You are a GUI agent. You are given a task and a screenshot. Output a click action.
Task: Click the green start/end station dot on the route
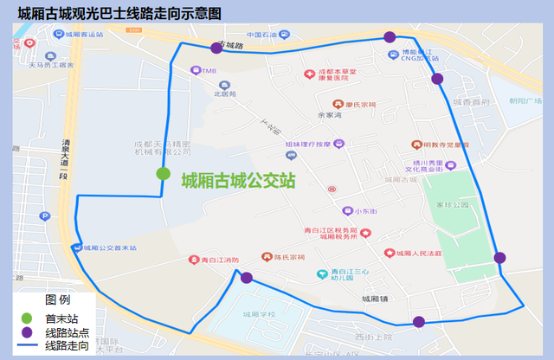[163, 173]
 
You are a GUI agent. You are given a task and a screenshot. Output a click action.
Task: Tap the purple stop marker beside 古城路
[216, 48]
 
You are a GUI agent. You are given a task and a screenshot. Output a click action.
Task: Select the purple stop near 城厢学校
[247, 278]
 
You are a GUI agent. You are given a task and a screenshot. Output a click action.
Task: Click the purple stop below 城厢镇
[419, 322]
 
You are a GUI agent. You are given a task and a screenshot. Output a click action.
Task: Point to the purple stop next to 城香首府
[437, 79]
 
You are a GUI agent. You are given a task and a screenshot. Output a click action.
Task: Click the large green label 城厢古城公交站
[238, 181]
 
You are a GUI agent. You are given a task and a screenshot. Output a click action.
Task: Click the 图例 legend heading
[57, 300]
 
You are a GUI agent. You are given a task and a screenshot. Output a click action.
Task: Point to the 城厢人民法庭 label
[417, 254]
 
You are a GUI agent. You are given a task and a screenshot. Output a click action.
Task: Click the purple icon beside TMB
[196, 71]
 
